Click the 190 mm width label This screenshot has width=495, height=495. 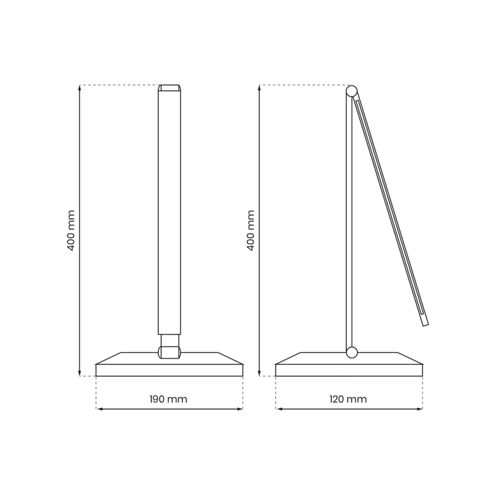[168, 399]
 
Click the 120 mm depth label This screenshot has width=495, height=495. [348, 399]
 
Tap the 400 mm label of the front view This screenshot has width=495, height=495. [71, 230]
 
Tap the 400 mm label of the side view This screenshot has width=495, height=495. [251, 230]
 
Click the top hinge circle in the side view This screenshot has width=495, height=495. [352, 90]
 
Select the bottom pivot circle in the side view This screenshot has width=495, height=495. [352, 352]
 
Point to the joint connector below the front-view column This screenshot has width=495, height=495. [169, 346]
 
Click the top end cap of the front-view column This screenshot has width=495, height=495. [169, 88]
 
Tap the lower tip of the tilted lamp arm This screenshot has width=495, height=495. [425, 323]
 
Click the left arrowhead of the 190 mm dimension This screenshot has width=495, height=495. [99, 409]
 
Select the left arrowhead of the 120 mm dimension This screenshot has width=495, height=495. [278, 409]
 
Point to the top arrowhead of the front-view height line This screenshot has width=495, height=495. [79, 88]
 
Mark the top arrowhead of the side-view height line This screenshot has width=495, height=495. [259, 88]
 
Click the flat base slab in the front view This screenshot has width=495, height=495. [169, 370]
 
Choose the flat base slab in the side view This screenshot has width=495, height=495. [349, 370]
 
